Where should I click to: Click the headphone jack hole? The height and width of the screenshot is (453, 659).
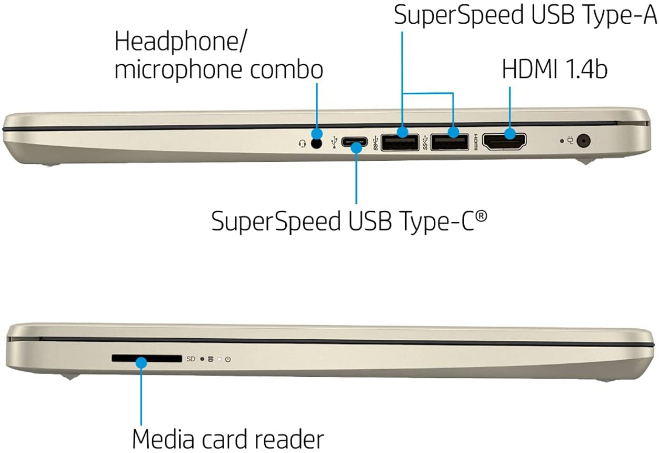tap(316, 143)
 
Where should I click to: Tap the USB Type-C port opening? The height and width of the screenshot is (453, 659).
tap(356, 142)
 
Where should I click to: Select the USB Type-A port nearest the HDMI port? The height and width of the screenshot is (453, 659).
tap(449, 142)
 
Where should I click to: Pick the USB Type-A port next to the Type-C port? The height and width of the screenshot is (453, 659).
tap(400, 142)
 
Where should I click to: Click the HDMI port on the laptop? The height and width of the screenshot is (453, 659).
tap(505, 142)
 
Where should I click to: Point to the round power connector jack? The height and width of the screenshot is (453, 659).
tap(583, 141)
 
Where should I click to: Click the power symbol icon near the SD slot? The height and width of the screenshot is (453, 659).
tap(228, 359)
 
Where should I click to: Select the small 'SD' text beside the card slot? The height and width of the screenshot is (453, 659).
tap(191, 359)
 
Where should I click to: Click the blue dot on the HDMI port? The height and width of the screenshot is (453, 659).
tap(510, 133)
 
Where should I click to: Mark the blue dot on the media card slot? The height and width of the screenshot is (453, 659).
tap(141, 362)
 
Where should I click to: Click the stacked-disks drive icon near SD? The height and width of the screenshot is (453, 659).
tap(211, 359)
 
